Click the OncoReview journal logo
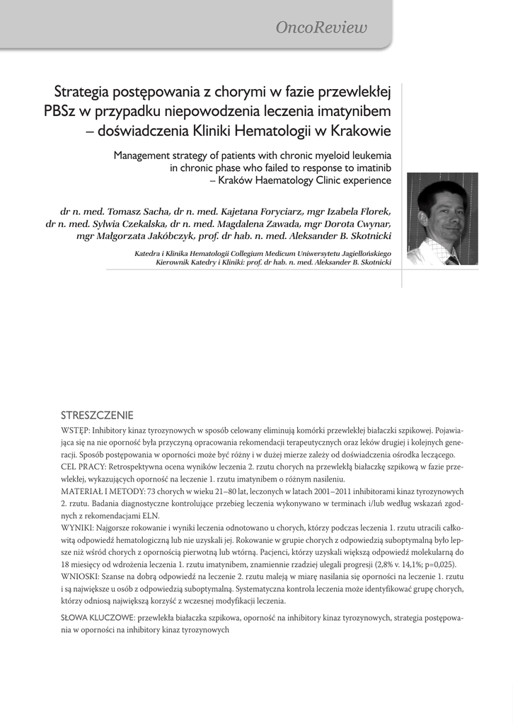[322, 28]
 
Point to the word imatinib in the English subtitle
[372, 168]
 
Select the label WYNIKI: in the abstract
[79, 527]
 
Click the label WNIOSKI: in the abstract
[81, 576]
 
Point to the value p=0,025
[437, 564]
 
